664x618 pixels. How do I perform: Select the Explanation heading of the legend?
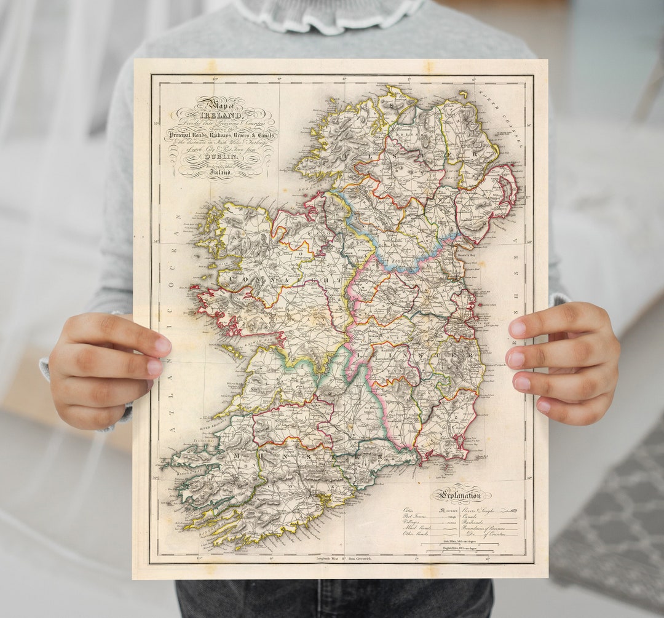click(x=460, y=494)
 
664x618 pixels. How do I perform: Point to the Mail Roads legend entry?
click(x=416, y=528)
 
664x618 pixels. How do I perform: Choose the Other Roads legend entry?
click(x=416, y=534)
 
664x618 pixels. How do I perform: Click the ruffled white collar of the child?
click(x=329, y=15)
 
